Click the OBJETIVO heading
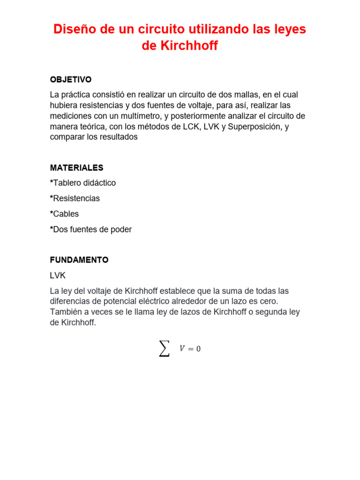[x=71, y=79]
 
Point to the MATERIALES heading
[x=77, y=167]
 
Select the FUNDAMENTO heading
[x=79, y=259]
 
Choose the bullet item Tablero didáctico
[x=83, y=183]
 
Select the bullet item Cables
[x=65, y=214]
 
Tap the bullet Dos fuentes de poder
[x=91, y=229]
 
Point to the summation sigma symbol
[x=164, y=348]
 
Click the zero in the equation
[x=198, y=348]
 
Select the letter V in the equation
[x=182, y=348]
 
